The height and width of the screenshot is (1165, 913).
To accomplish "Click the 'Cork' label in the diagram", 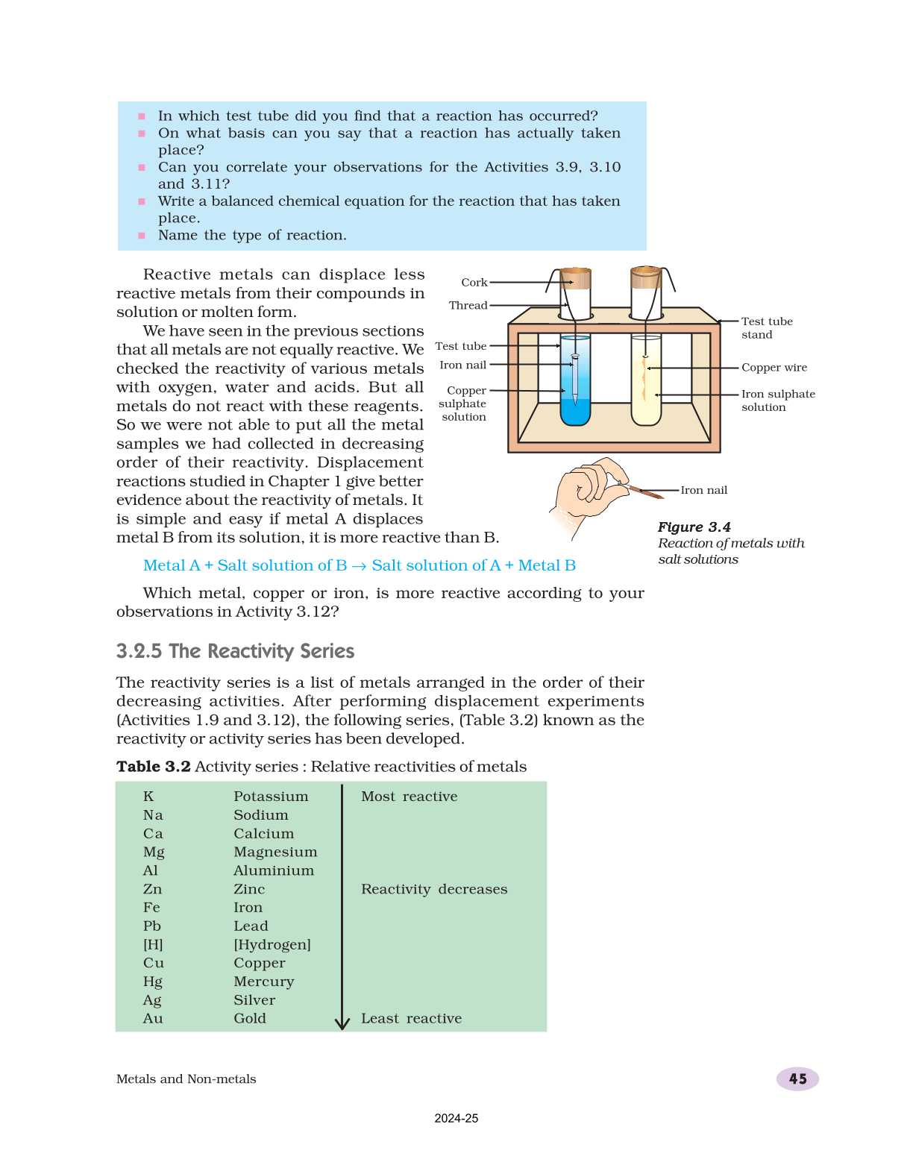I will [x=474, y=283].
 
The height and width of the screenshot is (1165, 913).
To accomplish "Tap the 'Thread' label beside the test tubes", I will [x=468, y=305].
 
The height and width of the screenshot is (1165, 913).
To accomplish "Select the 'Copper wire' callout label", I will [x=774, y=368].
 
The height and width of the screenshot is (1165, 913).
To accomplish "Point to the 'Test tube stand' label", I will [x=766, y=328].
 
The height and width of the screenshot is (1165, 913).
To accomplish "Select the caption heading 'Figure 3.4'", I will [x=694, y=527].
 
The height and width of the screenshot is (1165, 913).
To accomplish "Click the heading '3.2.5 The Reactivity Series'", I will [x=235, y=651].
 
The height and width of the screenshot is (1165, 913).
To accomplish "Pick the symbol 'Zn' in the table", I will [x=152, y=889].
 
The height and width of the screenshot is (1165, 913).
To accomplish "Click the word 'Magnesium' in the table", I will [x=275, y=852].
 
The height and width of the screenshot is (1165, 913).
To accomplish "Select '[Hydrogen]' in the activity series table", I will [x=272, y=944].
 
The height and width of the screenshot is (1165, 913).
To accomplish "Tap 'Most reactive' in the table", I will [x=409, y=797].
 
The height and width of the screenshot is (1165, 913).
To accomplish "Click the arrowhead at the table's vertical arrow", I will [x=342, y=1023].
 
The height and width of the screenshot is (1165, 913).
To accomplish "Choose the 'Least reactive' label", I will [x=411, y=1019].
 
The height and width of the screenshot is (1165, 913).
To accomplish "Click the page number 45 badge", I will [x=797, y=1078].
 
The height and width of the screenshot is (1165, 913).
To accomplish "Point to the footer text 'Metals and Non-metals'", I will [x=186, y=1079].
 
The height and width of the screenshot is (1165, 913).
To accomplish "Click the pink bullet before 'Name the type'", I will [x=142, y=236].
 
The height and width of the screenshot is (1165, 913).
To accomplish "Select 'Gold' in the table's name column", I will [x=249, y=1019].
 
